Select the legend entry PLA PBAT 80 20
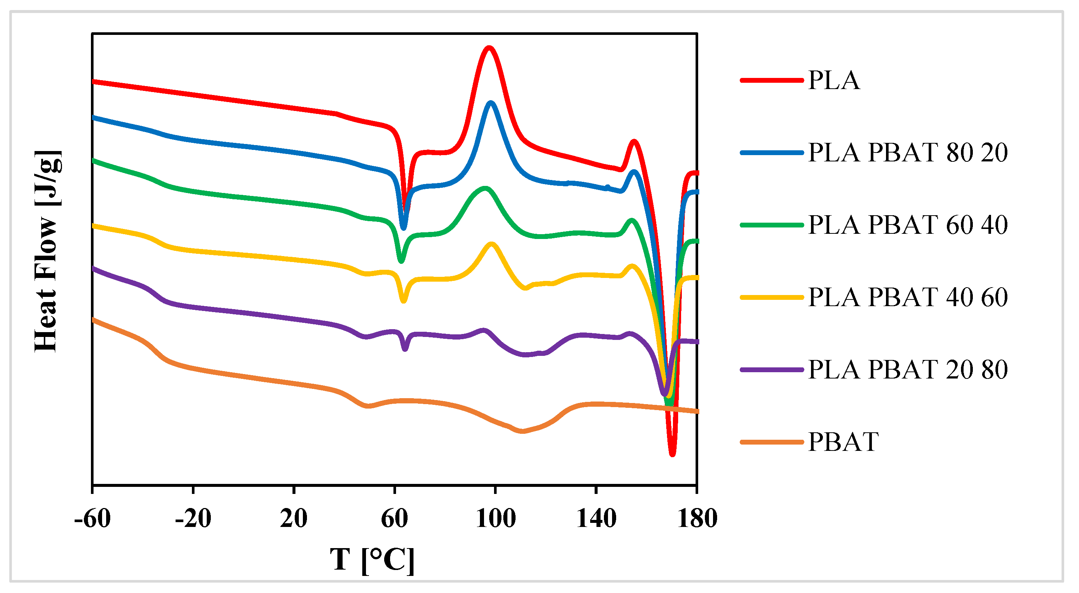(x=907, y=153)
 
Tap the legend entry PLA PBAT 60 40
(x=907, y=225)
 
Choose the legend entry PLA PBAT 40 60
(x=907, y=297)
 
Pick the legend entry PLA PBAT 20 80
(x=907, y=370)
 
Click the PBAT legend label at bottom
(x=843, y=442)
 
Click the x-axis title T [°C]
(x=372, y=560)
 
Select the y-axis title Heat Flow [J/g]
(x=46, y=251)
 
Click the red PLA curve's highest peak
(x=489, y=48)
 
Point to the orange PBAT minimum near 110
(x=521, y=431)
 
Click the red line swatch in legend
(x=772, y=80)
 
